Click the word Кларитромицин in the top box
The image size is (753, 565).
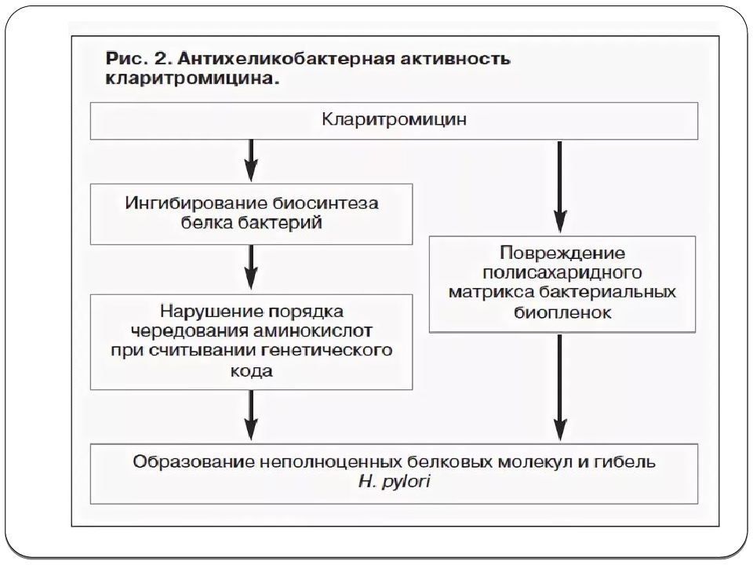pos(394,119)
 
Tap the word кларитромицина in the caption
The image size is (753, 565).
pos(192,78)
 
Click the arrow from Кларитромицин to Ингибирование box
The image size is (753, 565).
pos(251,160)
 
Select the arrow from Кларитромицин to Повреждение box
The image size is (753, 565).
pos(559,187)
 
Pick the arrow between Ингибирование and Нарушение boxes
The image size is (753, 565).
pos(251,267)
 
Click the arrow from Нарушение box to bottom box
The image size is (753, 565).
pos(251,415)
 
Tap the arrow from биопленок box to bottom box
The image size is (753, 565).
pos(559,387)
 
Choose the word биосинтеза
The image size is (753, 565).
pos(326,204)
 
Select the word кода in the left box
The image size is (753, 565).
pos(252,371)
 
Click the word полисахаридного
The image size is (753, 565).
pos(562,272)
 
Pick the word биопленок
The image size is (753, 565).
pos(562,313)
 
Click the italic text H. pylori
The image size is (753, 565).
pos(395,481)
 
